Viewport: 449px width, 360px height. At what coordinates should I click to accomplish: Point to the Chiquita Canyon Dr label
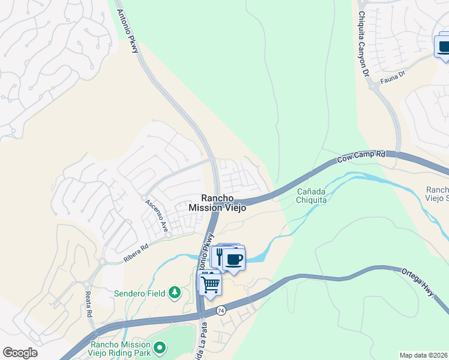(363, 43)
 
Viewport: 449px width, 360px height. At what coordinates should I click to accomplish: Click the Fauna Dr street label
(393, 76)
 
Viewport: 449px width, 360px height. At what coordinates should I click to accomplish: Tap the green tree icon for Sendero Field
(175, 293)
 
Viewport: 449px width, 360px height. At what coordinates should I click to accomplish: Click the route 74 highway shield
(221, 310)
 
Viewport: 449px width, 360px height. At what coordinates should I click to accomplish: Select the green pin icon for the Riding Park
(160, 347)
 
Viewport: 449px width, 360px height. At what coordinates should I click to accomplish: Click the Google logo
(20, 353)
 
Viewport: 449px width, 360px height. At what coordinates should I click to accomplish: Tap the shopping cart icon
(210, 283)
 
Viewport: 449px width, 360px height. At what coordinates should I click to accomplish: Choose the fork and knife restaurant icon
(219, 257)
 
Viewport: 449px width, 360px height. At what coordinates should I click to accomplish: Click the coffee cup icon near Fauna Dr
(444, 47)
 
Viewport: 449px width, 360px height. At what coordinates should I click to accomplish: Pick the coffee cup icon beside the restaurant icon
(234, 259)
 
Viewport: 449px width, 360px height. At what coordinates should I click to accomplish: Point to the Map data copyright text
(424, 355)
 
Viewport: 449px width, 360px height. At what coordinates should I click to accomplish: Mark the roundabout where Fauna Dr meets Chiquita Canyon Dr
(375, 86)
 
